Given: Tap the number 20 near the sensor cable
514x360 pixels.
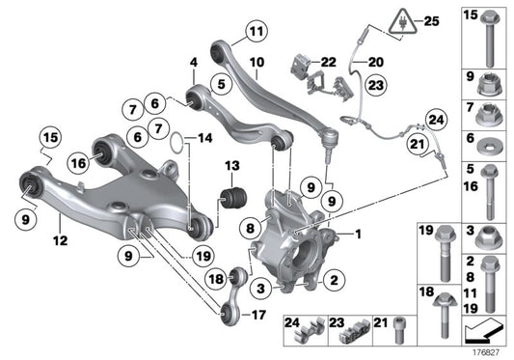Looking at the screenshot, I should click(x=374, y=61).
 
